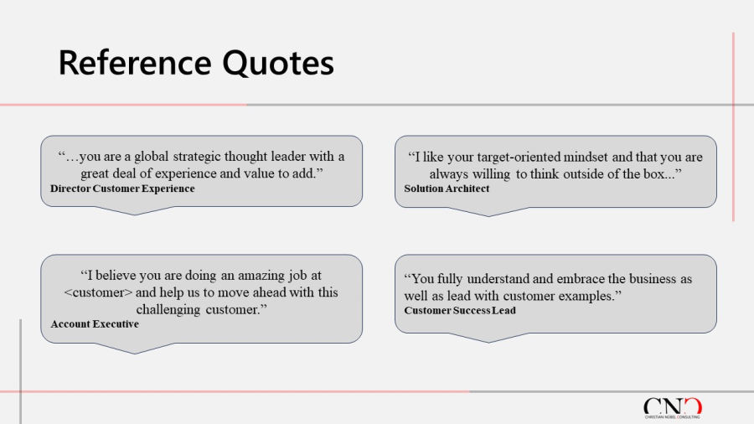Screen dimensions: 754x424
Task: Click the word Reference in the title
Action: click(135, 63)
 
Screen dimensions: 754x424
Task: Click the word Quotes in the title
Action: click(278, 63)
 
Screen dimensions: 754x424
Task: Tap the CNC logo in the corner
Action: click(673, 407)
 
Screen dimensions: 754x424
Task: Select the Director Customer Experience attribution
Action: click(122, 189)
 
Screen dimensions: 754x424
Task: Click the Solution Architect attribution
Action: click(447, 189)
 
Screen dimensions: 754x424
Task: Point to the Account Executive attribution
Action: click(95, 324)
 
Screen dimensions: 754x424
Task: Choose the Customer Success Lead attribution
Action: click(460, 311)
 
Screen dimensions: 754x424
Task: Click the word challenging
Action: click(168, 309)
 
